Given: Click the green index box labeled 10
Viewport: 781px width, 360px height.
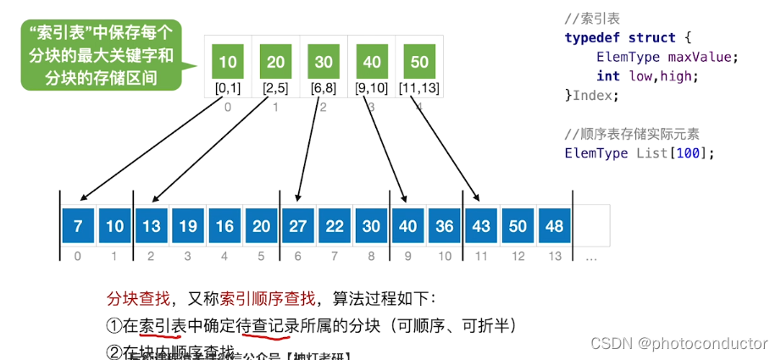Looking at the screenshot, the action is click(x=228, y=61).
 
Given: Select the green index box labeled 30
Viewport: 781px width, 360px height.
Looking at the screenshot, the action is click(x=324, y=61).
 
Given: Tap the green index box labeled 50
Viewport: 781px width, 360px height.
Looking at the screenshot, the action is click(x=419, y=61).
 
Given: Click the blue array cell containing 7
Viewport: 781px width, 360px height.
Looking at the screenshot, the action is click(x=78, y=225).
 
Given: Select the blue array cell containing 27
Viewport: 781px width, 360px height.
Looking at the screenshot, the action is click(x=297, y=225).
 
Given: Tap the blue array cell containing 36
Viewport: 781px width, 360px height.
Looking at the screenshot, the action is click(x=444, y=225).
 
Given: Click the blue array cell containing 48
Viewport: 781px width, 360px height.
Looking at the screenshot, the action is click(x=554, y=225).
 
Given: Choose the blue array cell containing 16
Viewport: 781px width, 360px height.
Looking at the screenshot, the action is click(x=224, y=225).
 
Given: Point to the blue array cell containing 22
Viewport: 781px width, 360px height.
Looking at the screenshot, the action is click(x=334, y=225).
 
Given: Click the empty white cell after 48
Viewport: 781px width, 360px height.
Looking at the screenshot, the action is click(x=591, y=225).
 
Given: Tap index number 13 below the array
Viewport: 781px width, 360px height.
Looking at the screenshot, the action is click(x=554, y=256).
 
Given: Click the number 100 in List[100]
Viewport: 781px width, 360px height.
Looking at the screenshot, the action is click(x=691, y=152).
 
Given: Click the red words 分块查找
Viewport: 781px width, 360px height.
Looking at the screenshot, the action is click(x=133, y=298).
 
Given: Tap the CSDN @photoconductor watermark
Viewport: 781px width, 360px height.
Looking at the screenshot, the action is click(x=679, y=343).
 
